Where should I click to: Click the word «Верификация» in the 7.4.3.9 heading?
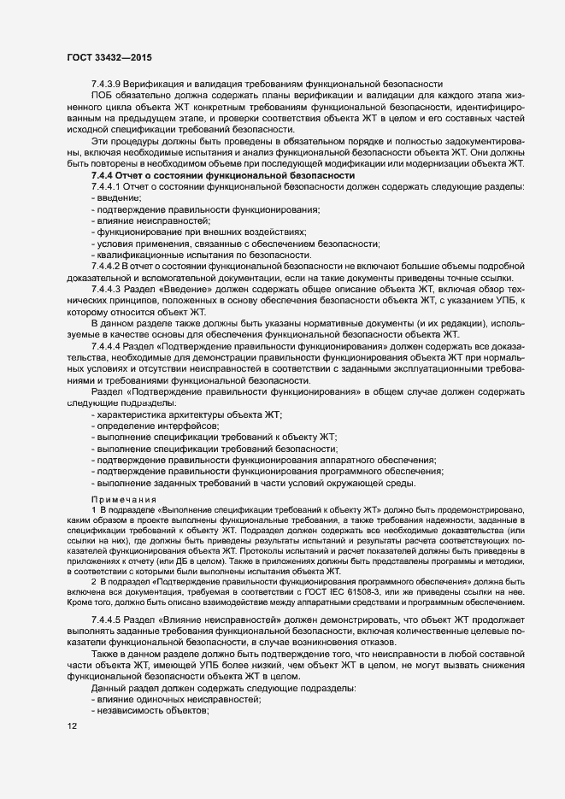point(160,84)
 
